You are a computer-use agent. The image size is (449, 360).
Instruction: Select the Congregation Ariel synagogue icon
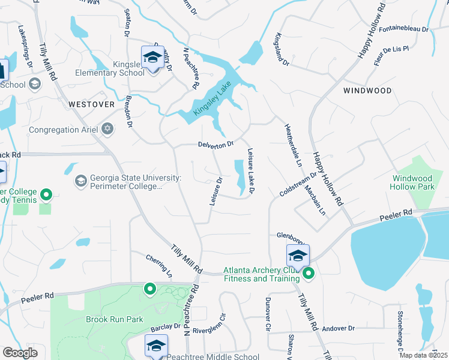click(107, 128)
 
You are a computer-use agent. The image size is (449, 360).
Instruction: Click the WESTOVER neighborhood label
click(91, 104)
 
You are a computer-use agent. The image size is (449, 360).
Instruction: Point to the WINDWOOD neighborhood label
click(367, 91)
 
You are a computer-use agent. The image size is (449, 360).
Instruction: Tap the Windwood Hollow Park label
click(412, 182)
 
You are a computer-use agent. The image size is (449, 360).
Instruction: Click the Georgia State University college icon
click(80, 180)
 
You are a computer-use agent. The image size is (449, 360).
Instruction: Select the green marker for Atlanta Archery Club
click(309, 274)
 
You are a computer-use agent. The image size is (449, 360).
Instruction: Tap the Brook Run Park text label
click(114, 319)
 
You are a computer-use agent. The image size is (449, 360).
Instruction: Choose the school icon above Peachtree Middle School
click(156, 346)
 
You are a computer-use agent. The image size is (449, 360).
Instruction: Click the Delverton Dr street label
click(215, 145)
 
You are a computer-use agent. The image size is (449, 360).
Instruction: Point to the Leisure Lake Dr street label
click(251, 172)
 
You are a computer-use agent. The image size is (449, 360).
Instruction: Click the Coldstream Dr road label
click(298, 184)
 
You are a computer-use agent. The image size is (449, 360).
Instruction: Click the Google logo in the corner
click(20, 353)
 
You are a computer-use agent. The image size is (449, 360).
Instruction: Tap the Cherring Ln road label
click(159, 266)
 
